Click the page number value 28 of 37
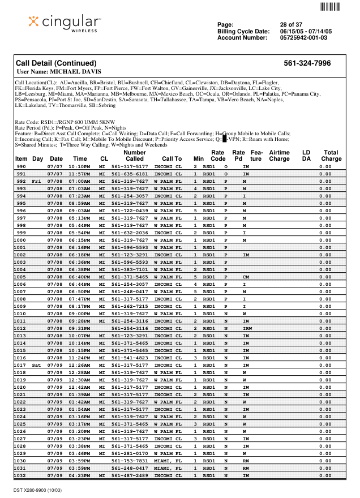tap(291, 24)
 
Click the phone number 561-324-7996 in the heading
tap(307, 63)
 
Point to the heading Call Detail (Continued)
tap(56, 63)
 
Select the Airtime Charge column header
tap(279, 156)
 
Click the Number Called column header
tap(135, 156)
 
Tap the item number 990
tap(21, 166)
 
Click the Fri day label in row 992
tap(36, 181)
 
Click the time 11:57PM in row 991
tap(79, 174)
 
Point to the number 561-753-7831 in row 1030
tap(130, 461)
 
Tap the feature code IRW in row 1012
tap(247, 328)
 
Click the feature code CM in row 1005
tap(246, 277)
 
